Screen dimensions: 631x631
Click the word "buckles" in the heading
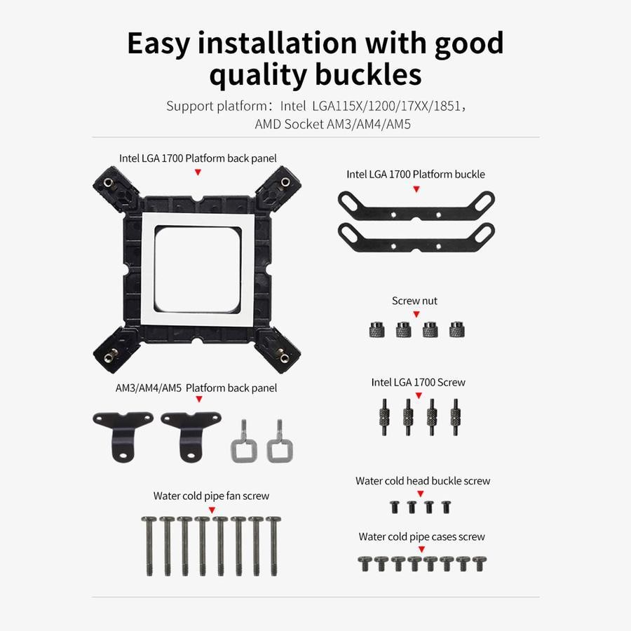point(368,74)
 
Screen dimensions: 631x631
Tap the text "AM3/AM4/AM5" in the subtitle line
point(369,124)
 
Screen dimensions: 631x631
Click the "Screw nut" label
point(414,301)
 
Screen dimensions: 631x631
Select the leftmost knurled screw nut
point(376,330)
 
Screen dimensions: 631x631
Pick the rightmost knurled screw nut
point(457,330)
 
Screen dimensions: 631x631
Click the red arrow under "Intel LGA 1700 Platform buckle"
point(416,189)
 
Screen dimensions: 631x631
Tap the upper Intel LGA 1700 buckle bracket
point(416,206)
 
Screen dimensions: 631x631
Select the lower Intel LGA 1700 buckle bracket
point(416,238)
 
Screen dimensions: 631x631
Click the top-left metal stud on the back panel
point(107,183)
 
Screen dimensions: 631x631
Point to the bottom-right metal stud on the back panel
point(285,358)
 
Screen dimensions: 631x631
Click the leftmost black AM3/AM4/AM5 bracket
point(123,435)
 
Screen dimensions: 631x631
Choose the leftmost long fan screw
point(149,546)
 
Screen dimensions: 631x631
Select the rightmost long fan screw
point(274,546)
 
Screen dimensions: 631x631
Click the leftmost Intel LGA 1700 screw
point(385,417)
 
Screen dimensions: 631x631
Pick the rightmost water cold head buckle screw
point(447,507)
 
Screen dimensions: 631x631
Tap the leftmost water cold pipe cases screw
point(365,564)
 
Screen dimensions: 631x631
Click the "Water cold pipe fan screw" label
point(211,496)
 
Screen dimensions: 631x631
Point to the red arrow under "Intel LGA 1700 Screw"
point(419,396)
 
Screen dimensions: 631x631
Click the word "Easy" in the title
point(158,43)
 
